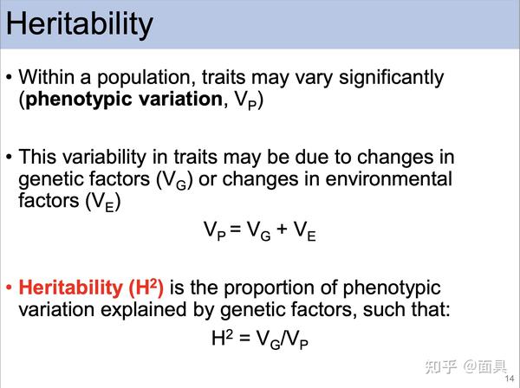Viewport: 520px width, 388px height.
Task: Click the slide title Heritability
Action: click(x=80, y=24)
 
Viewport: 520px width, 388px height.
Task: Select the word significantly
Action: click(x=391, y=79)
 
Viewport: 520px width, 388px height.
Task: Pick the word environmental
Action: click(x=388, y=179)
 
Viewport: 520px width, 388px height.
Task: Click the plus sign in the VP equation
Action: click(x=282, y=229)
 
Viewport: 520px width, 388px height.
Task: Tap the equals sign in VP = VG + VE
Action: click(x=235, y=229)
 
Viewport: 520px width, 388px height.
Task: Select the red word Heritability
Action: click(x=71, y=288)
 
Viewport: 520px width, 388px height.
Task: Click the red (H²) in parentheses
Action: click(x=146, y=288)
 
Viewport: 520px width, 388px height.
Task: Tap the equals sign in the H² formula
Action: click(x=244, y=338)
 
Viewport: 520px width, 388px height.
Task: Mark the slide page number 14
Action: click(x=510, y=378)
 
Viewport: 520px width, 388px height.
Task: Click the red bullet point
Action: click(x=9, y=287)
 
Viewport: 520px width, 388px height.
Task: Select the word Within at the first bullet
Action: click(x=46, y=78)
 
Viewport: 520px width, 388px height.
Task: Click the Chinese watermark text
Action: click(x=466, y=366)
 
